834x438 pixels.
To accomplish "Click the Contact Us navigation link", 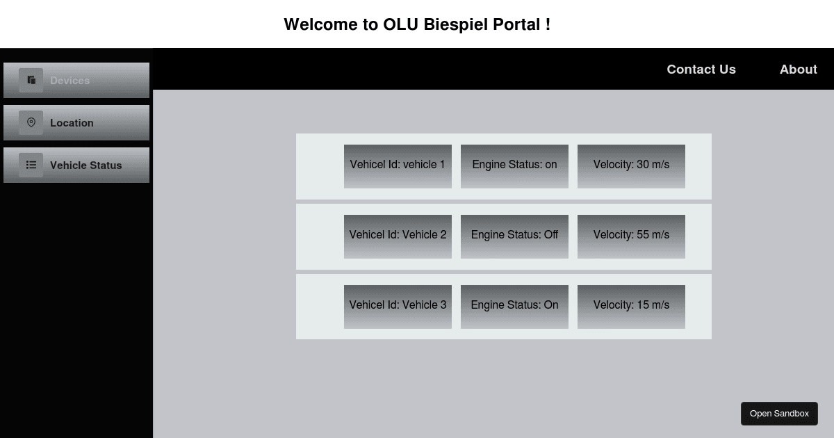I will [x=701, y=70].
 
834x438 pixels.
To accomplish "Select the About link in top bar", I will [x=798, y=70].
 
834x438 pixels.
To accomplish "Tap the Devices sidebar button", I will [x=76, y=81].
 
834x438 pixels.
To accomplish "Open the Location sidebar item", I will [x=76, y=123].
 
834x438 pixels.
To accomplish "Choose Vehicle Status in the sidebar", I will [x=76, y=165].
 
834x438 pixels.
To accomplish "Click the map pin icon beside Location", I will [x=31, y=122].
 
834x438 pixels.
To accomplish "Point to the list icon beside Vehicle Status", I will [x=31, y=165].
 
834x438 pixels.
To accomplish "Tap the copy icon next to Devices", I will [x=31, y=80].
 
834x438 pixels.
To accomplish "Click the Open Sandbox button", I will [x=779, y=414].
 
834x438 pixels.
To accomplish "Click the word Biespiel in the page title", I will [x=455, y=25].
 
